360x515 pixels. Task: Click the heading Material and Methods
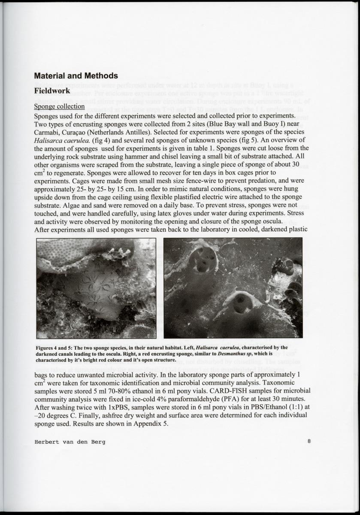tap(76, 76)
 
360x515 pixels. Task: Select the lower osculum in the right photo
tap(239, 304)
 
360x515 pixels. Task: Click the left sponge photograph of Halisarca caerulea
tap(96, 288)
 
